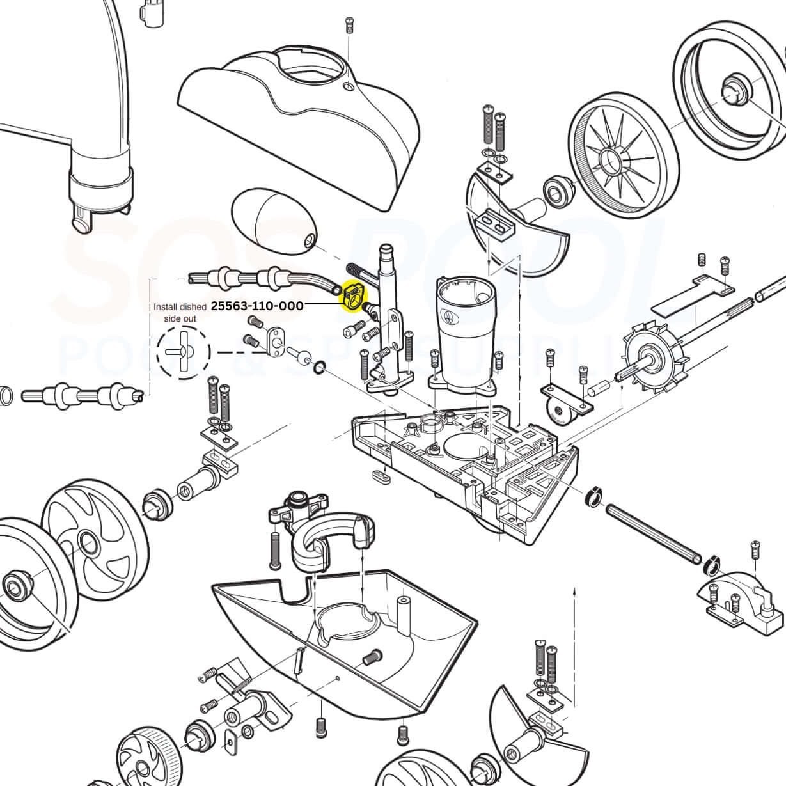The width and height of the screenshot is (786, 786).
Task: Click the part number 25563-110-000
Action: click(257, 306)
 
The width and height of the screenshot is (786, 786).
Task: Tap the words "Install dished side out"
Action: click(180, 312)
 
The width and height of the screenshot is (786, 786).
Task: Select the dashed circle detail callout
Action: click(184, 351)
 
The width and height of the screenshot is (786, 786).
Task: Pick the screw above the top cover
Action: click(349, 25)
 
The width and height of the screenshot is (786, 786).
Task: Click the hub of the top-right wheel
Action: click(730, 86)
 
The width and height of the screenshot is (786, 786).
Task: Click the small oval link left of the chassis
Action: click(382, 476)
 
